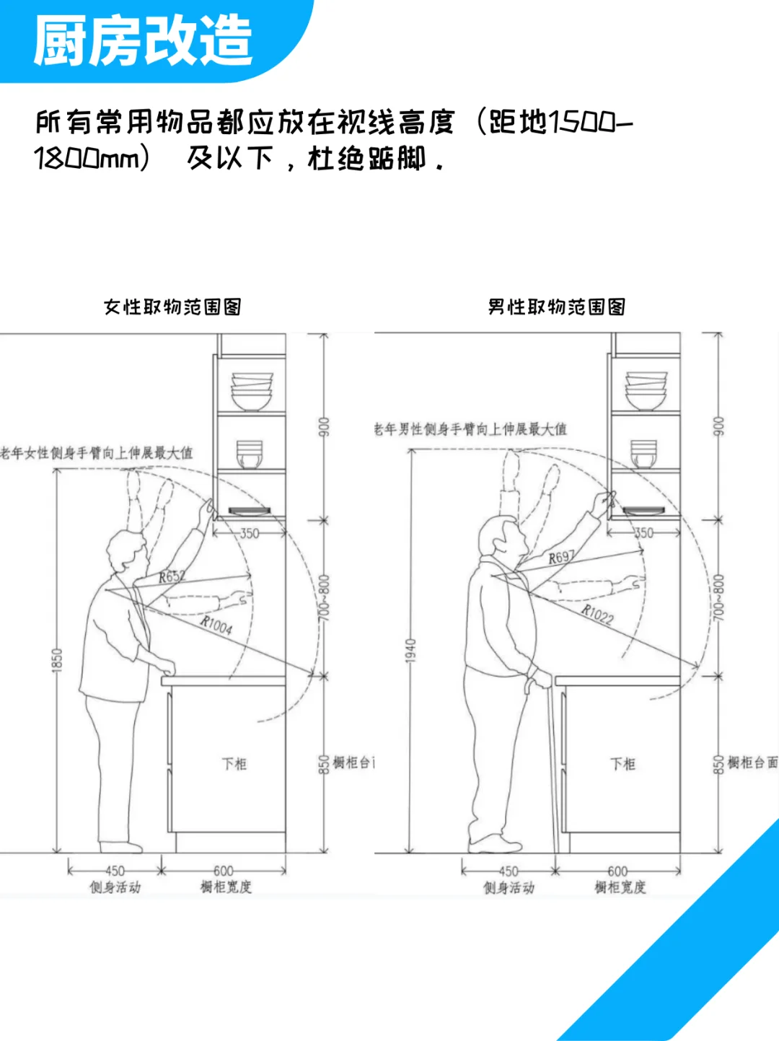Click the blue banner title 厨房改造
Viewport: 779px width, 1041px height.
click(x=142, y=41)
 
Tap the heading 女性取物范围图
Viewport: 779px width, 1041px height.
click(x=172, y=307)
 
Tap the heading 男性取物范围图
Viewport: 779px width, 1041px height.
click(x=556, y=307)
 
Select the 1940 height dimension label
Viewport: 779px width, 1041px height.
click(x=411, y=651)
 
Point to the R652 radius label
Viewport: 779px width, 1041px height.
click(x=172, y=576)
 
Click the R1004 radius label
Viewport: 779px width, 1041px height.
click(x=216, y=625)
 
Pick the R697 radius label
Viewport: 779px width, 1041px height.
click(x=561, y=557)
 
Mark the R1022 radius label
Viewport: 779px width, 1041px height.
click(x=597, y=614)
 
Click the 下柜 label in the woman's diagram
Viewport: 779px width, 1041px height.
click(x=234, y=764)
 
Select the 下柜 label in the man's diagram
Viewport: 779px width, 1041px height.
click(x=622, y=764)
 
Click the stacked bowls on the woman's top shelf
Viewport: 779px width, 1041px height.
click(x=252, y=391)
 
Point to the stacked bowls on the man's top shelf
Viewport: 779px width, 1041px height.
click(x=646, y=390)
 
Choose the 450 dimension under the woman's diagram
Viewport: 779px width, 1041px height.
click(x=115, y=871)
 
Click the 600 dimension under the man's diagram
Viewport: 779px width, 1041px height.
click(x=617, y=871)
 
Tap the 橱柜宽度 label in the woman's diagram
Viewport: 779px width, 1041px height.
click(x=226, y=887)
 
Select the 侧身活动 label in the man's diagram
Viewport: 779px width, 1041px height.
click(x=509, y=888)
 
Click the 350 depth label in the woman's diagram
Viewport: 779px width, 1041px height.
click(x=249, y=534)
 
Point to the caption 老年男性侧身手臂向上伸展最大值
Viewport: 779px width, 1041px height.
click(x=470, y=429)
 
